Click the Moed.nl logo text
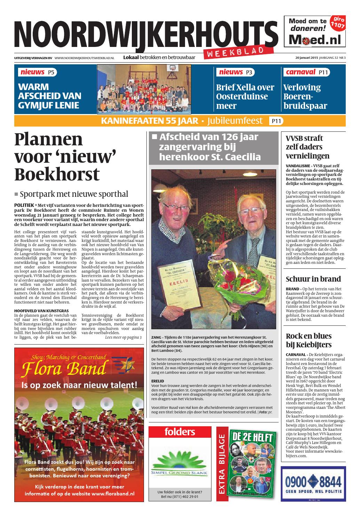click(315, 40)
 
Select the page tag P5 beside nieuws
click(51, 72)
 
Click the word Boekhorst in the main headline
click(57, 174)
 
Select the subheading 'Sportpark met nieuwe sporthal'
click(74, 194)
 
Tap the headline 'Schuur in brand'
click(313, 279)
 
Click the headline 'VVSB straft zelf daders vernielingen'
click(307, 147)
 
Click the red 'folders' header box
click(179, 432)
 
